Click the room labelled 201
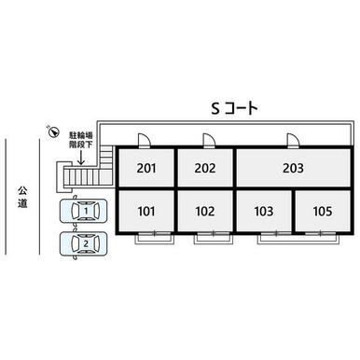[x=146, y=168]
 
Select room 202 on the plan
[x=205, y=168]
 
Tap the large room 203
[x=293, y=168]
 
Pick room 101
[x=146, y=211]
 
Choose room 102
[x=205, y=211]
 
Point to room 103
[x=264, y=211]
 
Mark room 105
[x=323, y=211]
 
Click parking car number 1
[x=84, y=211]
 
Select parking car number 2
[x=84, y=243]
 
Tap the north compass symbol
[x=54, y=132]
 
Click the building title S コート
[x=235, y=108]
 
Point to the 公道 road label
[x=22, y=197]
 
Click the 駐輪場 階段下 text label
[x=81, y=140]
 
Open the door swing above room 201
[x=144, y=140]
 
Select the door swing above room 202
[x=208, y=140]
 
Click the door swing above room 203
[x=293, y=140]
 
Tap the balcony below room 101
[x=154, y=239]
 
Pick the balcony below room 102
[x=214, y=239]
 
